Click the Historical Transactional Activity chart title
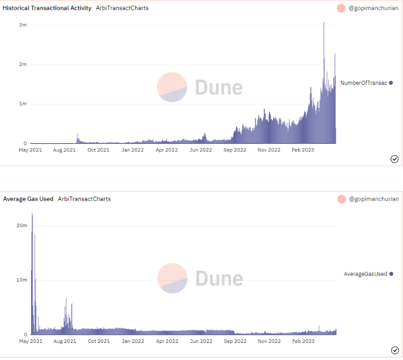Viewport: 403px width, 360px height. tap(47, 8)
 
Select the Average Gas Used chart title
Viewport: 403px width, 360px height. tap(28, 199)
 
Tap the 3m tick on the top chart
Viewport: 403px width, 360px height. tap(23, 25)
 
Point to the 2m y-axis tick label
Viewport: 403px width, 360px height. tap(23, 65)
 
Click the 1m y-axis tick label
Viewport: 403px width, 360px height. tap(23, 104)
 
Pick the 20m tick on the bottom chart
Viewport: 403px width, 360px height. tap(21, 226)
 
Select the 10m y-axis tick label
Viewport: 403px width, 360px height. tap(21, 280)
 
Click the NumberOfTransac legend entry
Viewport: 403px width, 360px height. tap(364, 83)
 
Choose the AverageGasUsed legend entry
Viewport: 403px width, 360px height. tap(365, 274)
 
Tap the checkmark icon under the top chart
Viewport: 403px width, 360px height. tap(394, 159)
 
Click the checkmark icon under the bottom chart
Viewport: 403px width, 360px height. tap(394, 350)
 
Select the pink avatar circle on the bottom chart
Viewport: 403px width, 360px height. tap(341, 199)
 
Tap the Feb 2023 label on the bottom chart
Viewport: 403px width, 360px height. tap(303, 341)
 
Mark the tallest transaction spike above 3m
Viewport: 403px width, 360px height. tap(324, 23)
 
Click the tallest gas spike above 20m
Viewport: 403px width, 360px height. tap(32, 214)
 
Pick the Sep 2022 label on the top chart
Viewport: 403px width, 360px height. tap(235, 150)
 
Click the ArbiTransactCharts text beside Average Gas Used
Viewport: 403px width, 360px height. tap(84, 199)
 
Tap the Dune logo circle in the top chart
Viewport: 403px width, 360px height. tap(172, 87)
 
